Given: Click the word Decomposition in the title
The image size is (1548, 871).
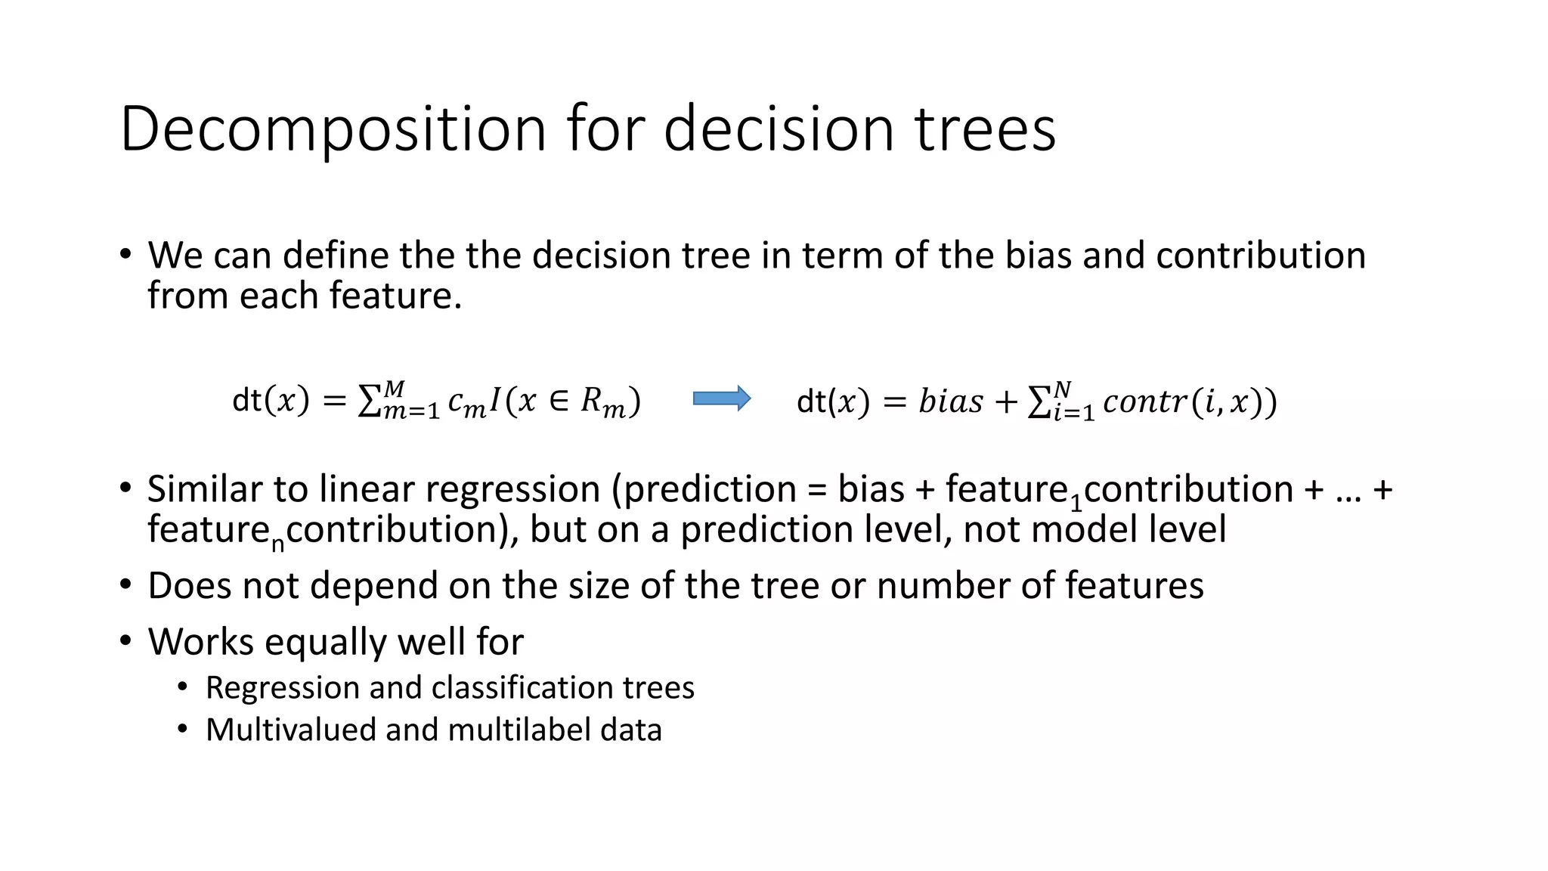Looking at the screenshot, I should pos(333,130).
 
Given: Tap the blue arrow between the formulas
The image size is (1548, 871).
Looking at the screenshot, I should pos(722,398).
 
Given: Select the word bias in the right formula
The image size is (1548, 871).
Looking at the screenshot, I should pos(951,401).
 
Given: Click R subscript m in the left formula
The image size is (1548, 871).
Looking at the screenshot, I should pos(602,402).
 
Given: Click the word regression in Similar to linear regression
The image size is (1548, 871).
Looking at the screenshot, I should pos(512,489).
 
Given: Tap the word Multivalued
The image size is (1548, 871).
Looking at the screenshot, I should pos(291,730).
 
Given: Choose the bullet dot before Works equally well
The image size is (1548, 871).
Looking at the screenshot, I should pos(125,641).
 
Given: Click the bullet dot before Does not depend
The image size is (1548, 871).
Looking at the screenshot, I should pos(125,585).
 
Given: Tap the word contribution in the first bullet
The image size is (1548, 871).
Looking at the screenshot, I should pos(1260,255).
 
